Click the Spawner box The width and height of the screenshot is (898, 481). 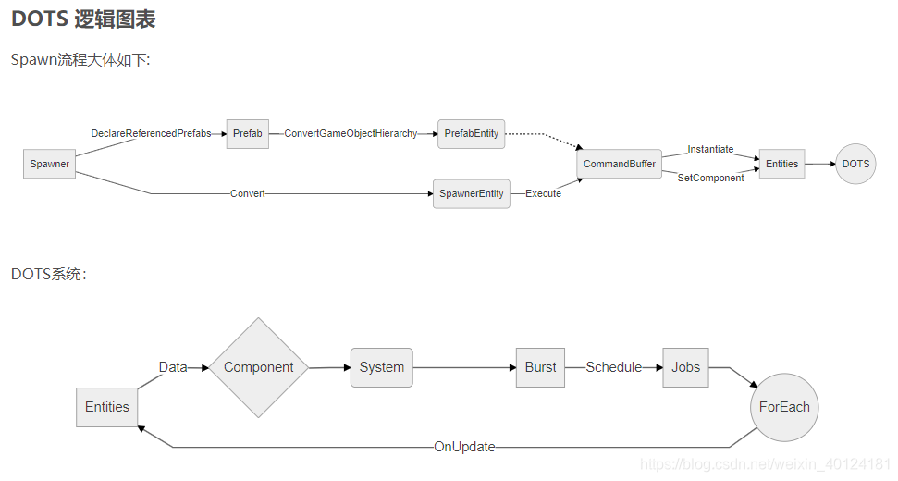point(49,164)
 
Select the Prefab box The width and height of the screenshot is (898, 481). point(247,134)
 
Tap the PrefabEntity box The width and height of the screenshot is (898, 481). point(471,134)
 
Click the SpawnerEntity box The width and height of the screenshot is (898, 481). point(471,193)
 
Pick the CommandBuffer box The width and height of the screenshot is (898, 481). point(619,164)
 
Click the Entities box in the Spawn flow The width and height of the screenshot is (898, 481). point(781,164)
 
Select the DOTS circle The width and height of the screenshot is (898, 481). point(855,164)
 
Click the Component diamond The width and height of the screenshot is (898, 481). point(258,367)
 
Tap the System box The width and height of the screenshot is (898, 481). point(381,367)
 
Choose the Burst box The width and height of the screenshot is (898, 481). point(540,367)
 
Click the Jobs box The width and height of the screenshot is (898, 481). point(685,367)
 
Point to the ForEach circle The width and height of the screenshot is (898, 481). point(784,407)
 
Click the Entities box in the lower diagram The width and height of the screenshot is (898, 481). point(107,407)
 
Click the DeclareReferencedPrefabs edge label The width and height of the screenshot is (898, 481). point(151,134)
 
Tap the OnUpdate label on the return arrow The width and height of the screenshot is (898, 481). point(464,447)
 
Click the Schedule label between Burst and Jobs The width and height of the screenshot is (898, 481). point(613,367)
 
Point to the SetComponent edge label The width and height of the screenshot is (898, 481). point(710,178)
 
